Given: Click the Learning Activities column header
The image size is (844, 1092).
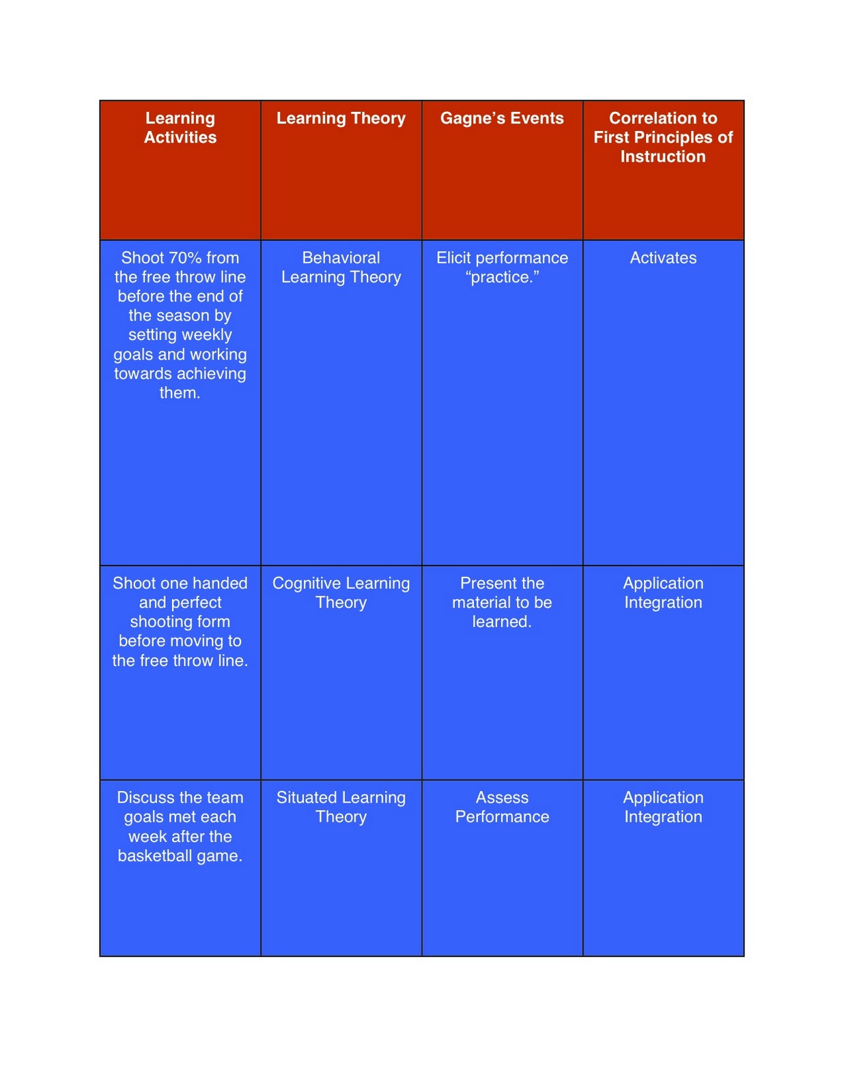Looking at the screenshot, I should pos(180,128).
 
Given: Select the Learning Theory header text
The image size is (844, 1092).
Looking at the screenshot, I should pos(341,118).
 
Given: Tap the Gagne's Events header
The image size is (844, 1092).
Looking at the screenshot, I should pos(502,118).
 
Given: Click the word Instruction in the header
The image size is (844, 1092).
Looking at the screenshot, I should pos(662,157).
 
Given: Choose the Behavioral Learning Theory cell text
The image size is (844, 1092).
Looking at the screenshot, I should pos(341,268).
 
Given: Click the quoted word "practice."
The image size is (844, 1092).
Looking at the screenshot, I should pos(502,277).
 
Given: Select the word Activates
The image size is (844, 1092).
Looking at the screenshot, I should pos(662,258).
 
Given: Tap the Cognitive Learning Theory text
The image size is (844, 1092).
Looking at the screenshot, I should pos(341,592).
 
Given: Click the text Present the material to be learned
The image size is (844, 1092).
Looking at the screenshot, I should pos(502,602).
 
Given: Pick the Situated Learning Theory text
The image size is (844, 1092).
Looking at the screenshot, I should pos(341,807).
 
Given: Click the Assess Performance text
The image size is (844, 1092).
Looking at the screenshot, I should pos(502,807).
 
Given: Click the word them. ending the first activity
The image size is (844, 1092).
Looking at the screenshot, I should pos(180,393).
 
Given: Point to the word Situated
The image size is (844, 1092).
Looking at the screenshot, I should pos(306,797).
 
